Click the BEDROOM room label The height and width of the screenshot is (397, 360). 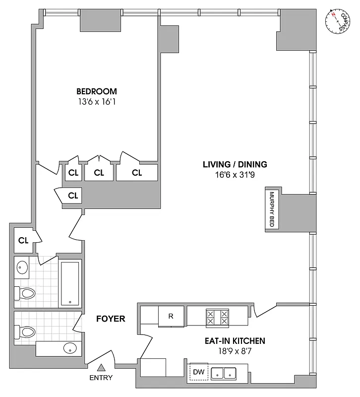point(97,91)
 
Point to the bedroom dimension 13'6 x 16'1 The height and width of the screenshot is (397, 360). point(97,103)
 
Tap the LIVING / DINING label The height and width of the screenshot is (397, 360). point(235,164)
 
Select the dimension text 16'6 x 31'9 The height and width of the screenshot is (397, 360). point(235,176)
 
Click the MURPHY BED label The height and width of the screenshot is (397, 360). point(272,209)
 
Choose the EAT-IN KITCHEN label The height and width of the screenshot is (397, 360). point(235,341)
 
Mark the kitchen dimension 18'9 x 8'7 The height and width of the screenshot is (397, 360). point(235,352)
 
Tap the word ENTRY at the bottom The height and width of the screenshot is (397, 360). point(102,378)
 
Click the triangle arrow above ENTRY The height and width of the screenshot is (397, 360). point(101,368)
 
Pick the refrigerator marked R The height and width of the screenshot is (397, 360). point(171,316)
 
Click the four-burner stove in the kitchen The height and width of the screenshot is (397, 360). point(218,317)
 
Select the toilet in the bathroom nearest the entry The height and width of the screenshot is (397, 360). point(25,331)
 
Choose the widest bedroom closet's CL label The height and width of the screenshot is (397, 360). point(137,173)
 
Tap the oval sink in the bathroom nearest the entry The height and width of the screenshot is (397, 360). point(70,348)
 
